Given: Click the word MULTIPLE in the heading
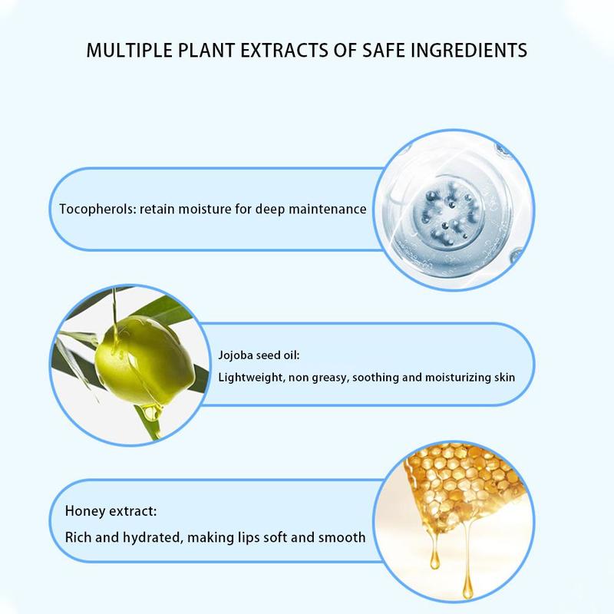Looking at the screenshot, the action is (x=129, y=51).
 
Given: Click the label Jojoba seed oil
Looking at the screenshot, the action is (x=259, y=355).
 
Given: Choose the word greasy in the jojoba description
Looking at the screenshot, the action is (x=330, y=378).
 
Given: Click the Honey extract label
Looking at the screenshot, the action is (x=111, y=511).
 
